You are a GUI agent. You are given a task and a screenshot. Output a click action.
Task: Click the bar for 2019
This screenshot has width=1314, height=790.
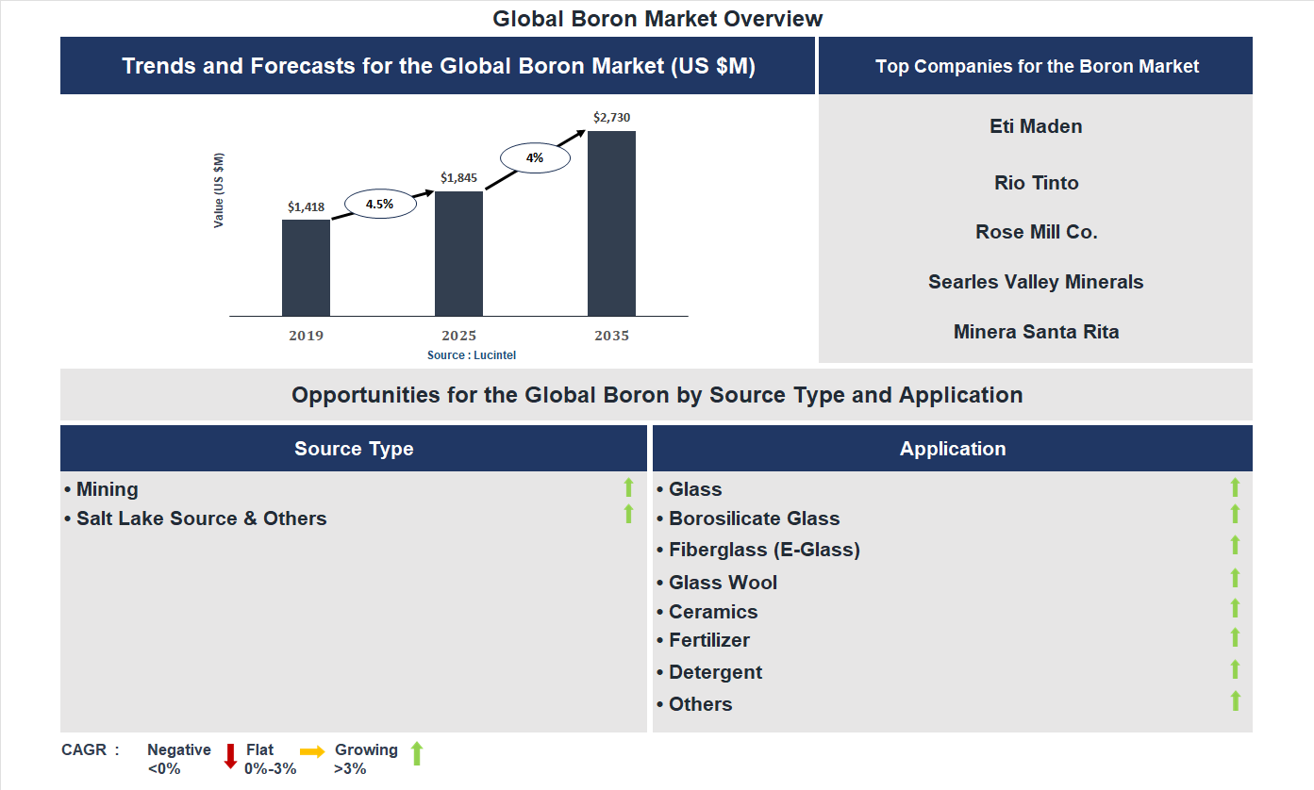tap(306, 268)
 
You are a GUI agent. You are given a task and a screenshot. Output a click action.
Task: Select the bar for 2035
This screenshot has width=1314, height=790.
tap(611, 223)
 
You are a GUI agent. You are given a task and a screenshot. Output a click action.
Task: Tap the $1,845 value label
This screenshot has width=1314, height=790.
tap(458, 177)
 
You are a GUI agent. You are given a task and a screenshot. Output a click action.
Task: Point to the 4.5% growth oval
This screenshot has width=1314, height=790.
tap(379, 204)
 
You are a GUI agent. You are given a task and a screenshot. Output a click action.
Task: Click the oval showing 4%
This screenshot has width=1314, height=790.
tap(535, 157)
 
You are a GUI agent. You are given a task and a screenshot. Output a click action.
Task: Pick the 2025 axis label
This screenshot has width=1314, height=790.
tap(458, 336)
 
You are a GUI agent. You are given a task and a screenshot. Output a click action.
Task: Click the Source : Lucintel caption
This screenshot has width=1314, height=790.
tap(472, 354)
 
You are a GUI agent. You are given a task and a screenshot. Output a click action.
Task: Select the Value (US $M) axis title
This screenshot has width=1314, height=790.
tap(219, 190)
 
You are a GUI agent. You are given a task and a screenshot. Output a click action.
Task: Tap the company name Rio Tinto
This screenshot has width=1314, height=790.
tap(1036, 183)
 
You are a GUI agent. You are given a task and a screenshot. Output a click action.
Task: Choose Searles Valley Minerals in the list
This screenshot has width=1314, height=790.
tap(1036, 282)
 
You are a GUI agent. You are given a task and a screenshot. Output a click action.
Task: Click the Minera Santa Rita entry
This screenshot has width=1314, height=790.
tap(1036, 332)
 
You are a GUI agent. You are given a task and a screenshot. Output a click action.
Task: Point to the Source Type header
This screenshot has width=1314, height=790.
tap(354, 449)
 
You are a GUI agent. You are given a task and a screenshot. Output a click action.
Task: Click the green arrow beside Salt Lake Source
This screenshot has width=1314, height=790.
tap(628, 515)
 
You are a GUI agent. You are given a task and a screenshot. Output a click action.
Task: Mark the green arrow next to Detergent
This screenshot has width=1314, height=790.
tap(1235, 669)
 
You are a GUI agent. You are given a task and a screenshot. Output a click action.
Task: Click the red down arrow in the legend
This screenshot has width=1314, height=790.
tap(230, 756)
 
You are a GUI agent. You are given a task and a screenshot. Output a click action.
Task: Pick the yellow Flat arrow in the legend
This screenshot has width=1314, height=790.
tap(312, 751)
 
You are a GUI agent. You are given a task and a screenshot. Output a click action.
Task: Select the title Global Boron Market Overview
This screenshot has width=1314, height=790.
tap(657, 18)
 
